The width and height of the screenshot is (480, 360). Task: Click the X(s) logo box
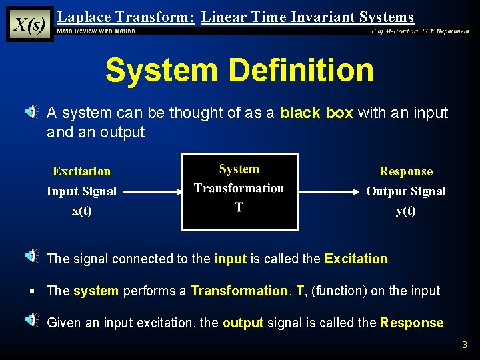pyautogui.click(x=30, y=25)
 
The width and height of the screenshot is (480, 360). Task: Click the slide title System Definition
pyautogui.click(x=239, y=70)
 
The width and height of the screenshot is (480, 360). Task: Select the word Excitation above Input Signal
pyautogui.click(x=81, y=171)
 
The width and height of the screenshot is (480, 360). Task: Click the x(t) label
pyautogui.click(x=82, y=211)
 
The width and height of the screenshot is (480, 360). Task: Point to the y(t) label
pyautogui.click(x=405, y=211)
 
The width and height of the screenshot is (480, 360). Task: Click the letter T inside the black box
pyautogui.click(x=239, y=207)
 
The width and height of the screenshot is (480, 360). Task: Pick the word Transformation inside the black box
pyautogui.click(x=239, y=188)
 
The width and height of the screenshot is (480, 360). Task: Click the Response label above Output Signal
pyautogui.click(x=405, y=171)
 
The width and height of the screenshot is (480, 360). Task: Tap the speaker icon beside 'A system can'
pyautogui.click(x=31, y=113)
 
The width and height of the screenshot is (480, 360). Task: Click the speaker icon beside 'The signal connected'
pyautogui.click(x=31, y=255)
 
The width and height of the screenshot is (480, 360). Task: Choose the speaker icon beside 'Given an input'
pyautogui.click(x=31, y=321)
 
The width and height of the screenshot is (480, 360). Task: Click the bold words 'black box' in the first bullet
pyautogui.click(x=317, y=113)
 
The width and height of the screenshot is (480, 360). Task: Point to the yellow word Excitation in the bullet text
pyautogui.click(x=355, y=259)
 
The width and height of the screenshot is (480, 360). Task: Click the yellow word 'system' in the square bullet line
pyautogui.click(x=96, y=291)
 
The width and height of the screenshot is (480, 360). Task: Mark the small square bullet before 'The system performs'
pyautogui.click(x=32, y=291)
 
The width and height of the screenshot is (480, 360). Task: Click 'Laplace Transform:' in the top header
pyautogui.click(x=126, y=17)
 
